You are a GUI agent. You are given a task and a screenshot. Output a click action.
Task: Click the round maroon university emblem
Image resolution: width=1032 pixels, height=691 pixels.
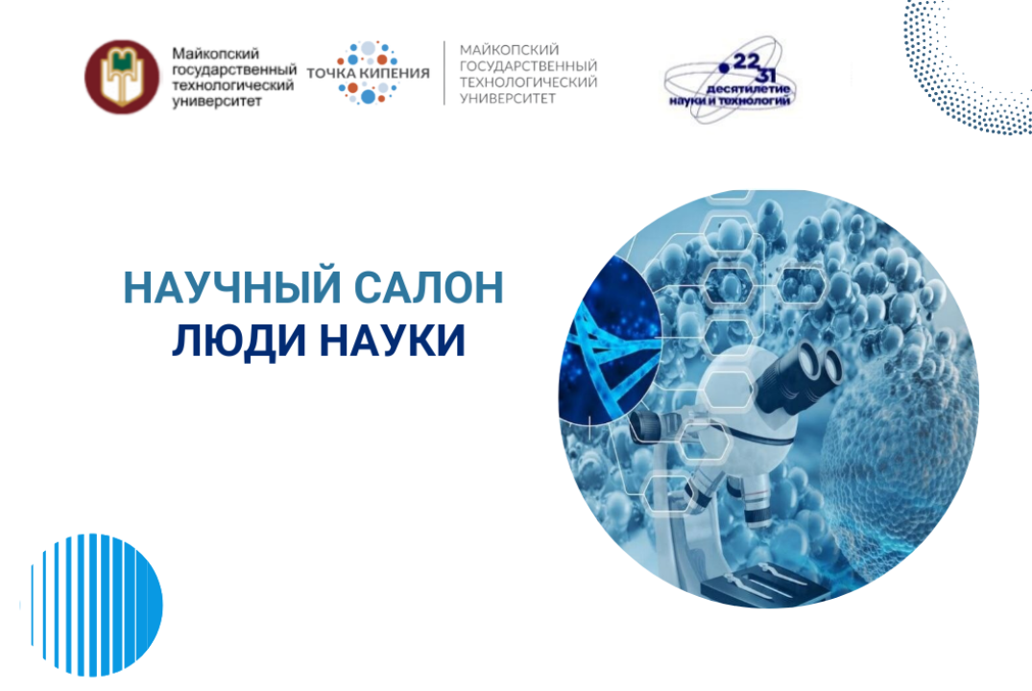click(123, 76)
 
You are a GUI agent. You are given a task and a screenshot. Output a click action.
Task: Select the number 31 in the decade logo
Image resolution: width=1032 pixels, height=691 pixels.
click(766, 75)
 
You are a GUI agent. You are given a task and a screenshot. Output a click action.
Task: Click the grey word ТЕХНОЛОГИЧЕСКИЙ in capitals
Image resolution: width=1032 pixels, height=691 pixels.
click(528, 82)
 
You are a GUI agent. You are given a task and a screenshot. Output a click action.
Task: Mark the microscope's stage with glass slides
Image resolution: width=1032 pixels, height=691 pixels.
click(758, 581)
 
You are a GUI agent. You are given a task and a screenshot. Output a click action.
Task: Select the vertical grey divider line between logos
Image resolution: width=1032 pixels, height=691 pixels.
click(444, 73)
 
